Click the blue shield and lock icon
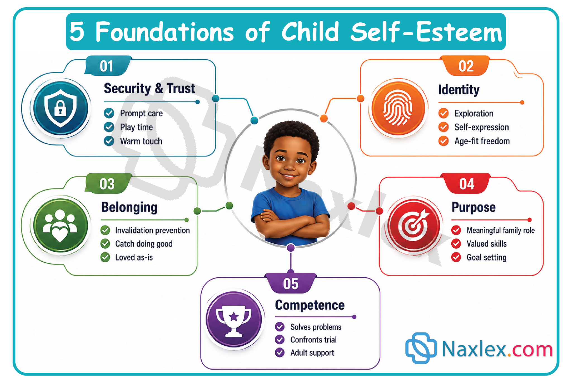tap(61, 108)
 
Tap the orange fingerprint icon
tap(398, 108)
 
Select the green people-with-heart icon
tap(60, 225)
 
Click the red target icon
tap(413, 225)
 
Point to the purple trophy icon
tap(234, 319)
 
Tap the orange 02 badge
tap(466, 66)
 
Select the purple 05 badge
tap(291, 283)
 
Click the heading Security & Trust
tap(149, 88)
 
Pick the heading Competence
tap(310, 305)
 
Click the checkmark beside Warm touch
tap(109, 141)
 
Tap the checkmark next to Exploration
tap(444, 113)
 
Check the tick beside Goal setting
tap(456, 257)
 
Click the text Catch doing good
tap(144, 244)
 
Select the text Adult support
tap(312, 353)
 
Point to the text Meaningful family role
tap(500, 230)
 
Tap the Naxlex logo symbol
tap(421, 348)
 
